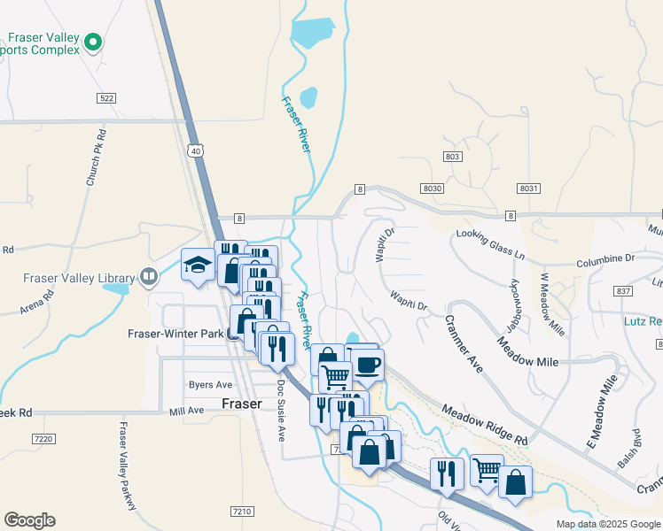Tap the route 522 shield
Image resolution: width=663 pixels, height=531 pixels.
(x=107, y=98)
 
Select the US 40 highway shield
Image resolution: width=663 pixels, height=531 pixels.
(x=196, y=152)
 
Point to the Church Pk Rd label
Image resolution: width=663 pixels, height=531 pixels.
(x=97, y=158)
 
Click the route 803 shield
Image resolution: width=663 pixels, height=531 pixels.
(x=454, y=157)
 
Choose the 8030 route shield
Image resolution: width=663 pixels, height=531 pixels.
(x=433, y=189)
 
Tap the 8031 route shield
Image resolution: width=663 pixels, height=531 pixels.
(x=529, y=189)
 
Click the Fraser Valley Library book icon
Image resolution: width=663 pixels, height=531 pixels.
(x=149, y=277)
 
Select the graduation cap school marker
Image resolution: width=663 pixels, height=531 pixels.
(x=197, y=264)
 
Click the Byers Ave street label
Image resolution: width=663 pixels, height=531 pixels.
(x=210, y=385)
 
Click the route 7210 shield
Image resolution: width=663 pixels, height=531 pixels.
(x=241, y=512)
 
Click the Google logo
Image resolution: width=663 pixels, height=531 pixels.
(x=29, y=520)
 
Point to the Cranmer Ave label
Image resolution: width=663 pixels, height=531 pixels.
(x=464, y=343)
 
